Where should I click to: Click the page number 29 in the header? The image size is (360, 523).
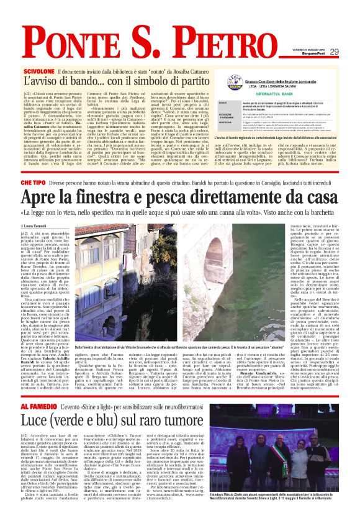[334, 52]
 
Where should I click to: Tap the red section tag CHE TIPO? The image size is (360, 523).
[34, 183]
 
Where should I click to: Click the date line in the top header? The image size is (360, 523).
[310, 51]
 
